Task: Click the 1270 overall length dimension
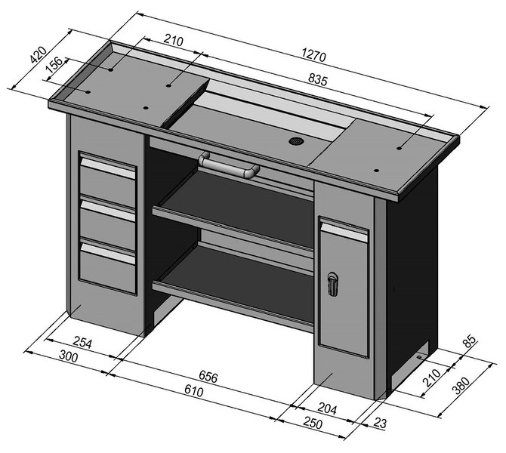coord(313,55)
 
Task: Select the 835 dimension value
coord(318,79)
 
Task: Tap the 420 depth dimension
coord(38,54)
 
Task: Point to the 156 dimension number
coord(54,65)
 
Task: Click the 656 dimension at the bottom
coord(208,376)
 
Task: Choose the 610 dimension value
coord(194,390)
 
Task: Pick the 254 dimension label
coord(83,342)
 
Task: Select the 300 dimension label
coord(69,356)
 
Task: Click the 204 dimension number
coord(327,408)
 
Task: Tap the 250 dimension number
coord(313,424)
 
